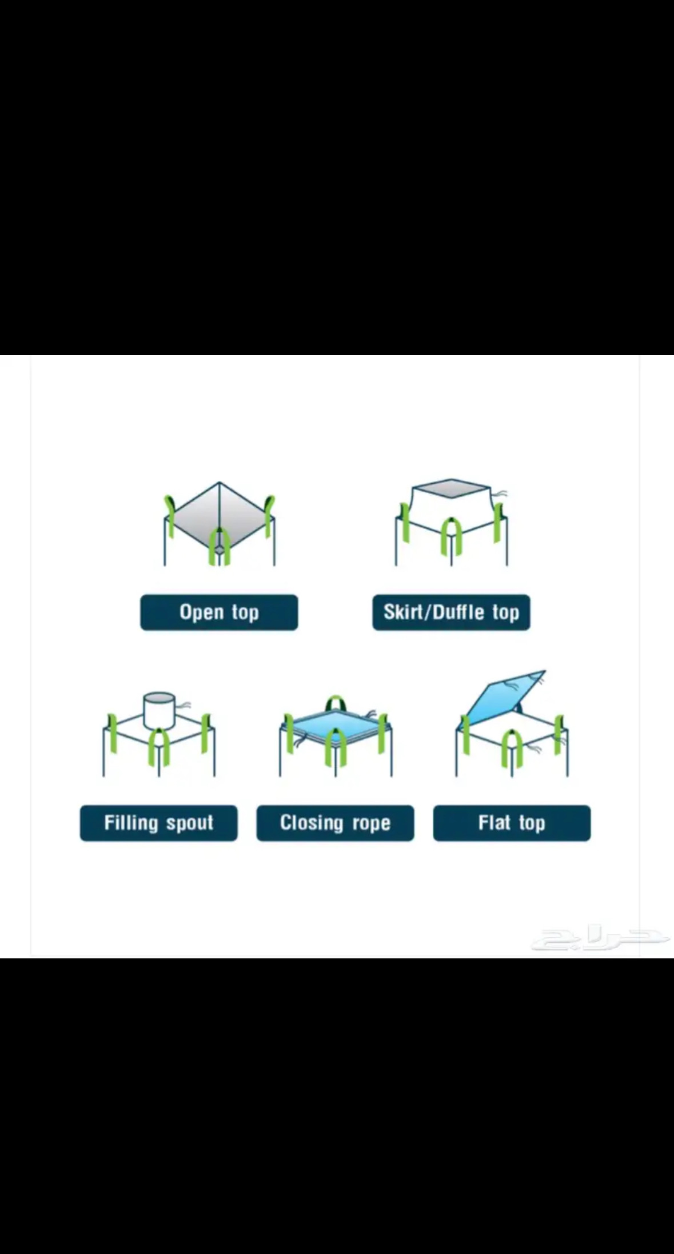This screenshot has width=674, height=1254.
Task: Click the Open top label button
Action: (219, 612)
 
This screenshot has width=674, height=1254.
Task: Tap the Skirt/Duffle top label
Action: (451, 612)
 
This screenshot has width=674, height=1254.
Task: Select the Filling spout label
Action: (158, 823)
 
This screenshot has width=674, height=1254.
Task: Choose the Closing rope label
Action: (335, 823)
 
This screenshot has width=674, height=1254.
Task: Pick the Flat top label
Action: (512, 823)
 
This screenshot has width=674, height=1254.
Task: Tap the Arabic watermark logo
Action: (600, 939)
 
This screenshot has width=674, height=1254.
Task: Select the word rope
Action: (372, 824)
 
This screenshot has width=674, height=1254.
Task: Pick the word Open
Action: (201, 612)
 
